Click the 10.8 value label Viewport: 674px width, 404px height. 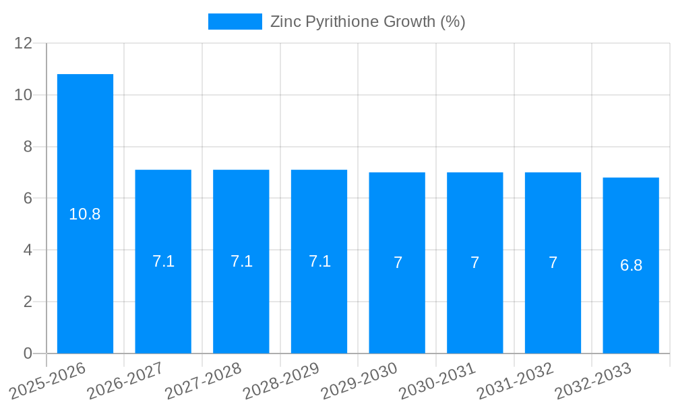(x=85, y=215)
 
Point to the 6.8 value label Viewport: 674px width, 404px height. (x=631, y=265)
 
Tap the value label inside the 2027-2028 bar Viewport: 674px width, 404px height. (x=241, y=261)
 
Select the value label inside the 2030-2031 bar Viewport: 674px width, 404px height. (x=475, y=263)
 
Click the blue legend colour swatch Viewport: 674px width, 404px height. (x=235, y=22)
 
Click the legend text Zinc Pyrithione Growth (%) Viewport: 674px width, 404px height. (x=367, y=22)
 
